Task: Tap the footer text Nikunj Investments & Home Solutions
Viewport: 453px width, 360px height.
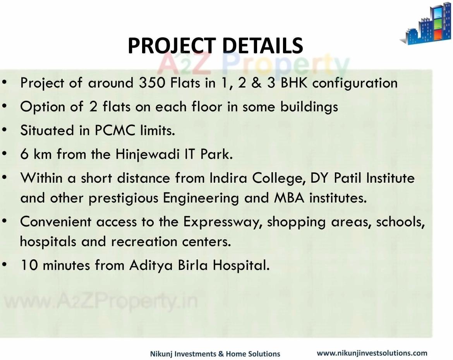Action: point(215,354)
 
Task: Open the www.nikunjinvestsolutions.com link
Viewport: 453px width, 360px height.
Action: point(372,353)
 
